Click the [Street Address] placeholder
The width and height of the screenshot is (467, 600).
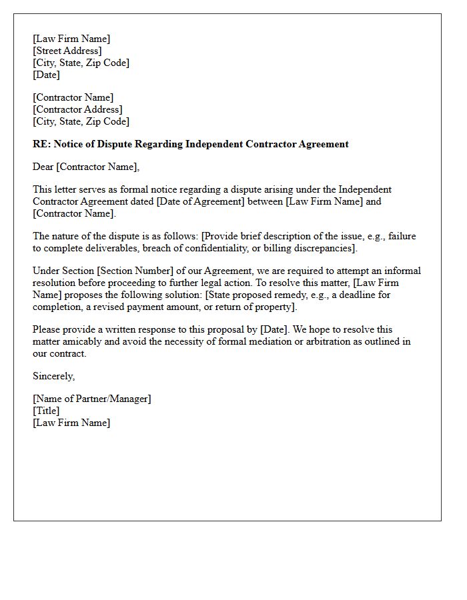(67, 51)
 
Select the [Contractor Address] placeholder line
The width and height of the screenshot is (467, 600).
(77, 109)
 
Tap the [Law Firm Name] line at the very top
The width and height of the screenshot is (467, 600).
(71, 39)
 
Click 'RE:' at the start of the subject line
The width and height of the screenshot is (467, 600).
(41, 144)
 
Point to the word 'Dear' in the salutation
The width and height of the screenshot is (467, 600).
(43, 167)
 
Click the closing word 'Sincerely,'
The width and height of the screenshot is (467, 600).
(54, 376)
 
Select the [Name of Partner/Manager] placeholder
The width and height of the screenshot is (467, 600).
(92, 399)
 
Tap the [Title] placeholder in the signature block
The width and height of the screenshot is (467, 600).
(46, 411)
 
